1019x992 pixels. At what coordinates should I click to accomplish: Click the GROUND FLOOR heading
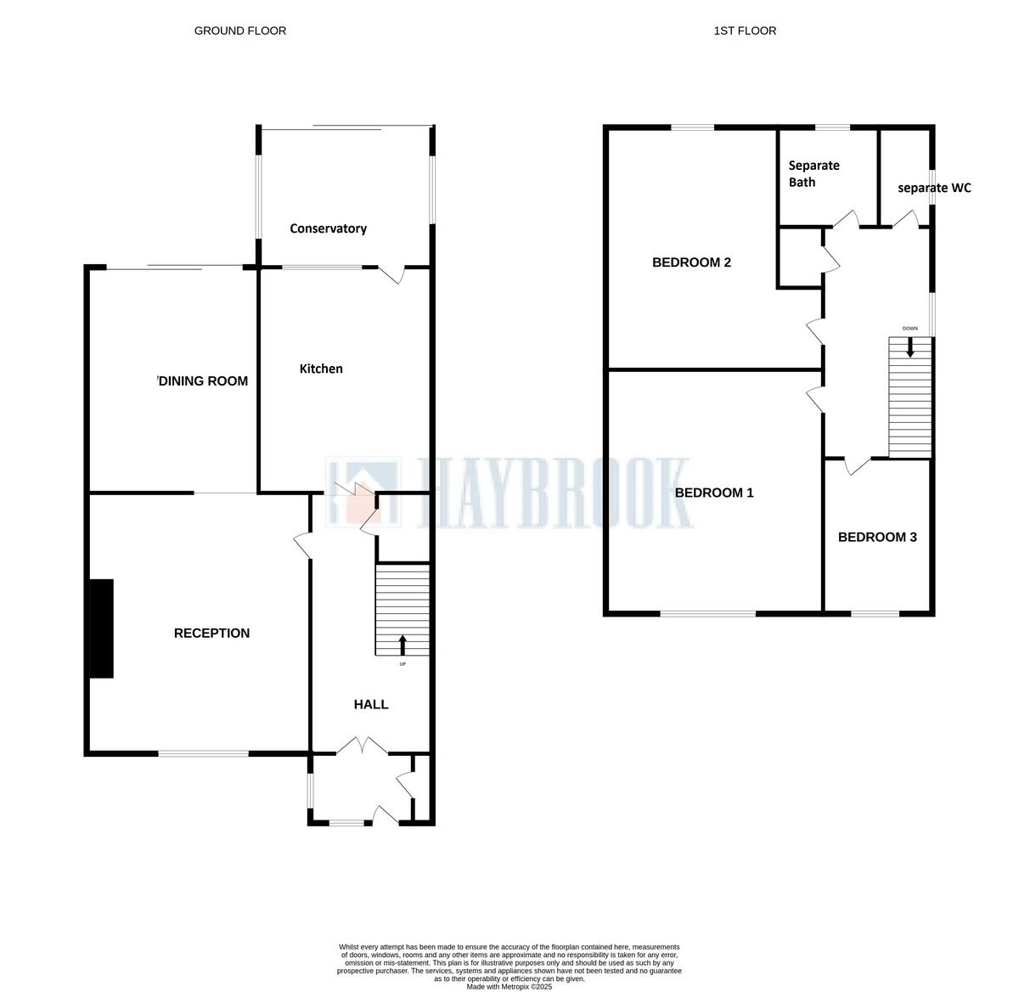tap(240, 31)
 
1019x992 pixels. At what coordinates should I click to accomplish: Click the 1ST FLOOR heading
tap(745, 31)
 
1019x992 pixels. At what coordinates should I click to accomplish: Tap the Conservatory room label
tap(328, 228)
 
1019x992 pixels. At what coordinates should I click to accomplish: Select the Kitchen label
tap(321, 369)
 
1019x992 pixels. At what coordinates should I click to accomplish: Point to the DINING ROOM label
tap(204, 381)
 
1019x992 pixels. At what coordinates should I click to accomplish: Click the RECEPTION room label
tap(211, 633)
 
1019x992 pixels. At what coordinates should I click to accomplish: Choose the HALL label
tap(371, 704)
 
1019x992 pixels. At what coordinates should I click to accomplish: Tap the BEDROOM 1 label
tap(714, 493)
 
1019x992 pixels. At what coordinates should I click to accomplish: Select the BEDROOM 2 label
tap(691, 262)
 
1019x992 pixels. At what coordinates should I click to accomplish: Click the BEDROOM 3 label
tap(877, 537)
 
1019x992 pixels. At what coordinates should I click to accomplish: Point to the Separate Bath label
tap(814, 173)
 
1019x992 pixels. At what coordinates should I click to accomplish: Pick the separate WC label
tap(934, 188)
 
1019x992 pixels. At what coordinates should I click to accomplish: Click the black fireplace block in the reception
tap(102, 628)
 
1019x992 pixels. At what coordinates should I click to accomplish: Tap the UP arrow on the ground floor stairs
tap(403, 645)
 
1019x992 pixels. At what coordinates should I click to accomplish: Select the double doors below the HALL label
tap(363, 747)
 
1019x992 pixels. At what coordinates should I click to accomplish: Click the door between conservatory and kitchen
tap(391, 273)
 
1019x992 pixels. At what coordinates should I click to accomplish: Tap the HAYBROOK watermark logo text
tap(552, 493)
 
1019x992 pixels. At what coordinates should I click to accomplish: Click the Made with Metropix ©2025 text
tap(509, 987)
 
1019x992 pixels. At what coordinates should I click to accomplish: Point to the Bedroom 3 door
tap(856, 465)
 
